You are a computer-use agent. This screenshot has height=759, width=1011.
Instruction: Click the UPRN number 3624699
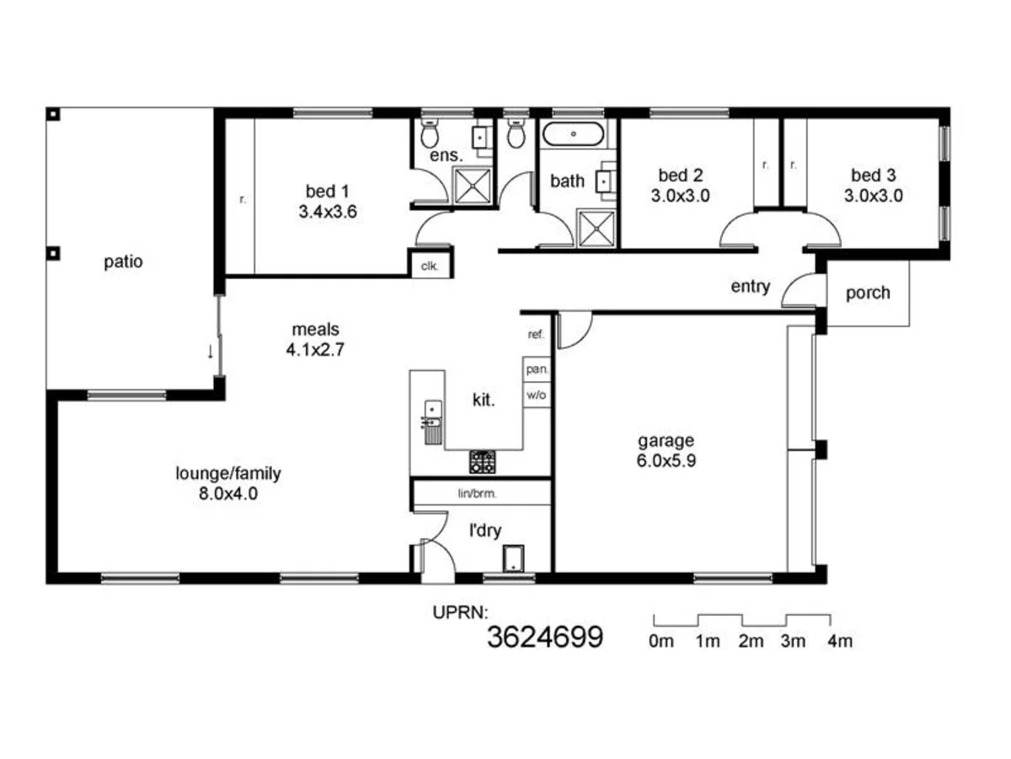[545, 637]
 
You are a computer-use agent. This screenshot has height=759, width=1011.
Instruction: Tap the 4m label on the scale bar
[840, 641]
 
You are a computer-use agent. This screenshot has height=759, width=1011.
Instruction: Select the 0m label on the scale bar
[661, 641]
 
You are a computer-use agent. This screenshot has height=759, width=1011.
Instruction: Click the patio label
[123, 261]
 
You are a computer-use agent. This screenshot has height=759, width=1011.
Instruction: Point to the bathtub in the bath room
[573, 133]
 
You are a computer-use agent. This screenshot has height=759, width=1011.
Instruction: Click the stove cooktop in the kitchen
[483, 461]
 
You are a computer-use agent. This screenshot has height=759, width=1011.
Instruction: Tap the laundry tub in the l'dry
[512, 558]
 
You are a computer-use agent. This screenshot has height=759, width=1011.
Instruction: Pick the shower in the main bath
[596, 229]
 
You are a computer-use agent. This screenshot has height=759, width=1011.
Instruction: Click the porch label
[867, 293]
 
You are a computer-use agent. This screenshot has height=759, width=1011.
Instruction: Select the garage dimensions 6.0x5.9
[666, 460]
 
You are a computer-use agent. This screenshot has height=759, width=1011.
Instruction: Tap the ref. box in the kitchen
[536, 335]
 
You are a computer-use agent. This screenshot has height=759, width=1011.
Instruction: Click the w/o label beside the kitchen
[536, 394]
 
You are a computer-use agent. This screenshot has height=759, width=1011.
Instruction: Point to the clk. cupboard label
[430, 265]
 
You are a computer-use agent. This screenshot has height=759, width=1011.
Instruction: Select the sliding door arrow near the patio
[210, 351]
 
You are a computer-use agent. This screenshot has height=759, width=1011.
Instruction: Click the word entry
[750, 287]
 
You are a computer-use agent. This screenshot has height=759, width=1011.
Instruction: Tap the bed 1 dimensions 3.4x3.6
[328, 213]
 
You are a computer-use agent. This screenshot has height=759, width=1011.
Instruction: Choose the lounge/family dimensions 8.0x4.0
[228, 494]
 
